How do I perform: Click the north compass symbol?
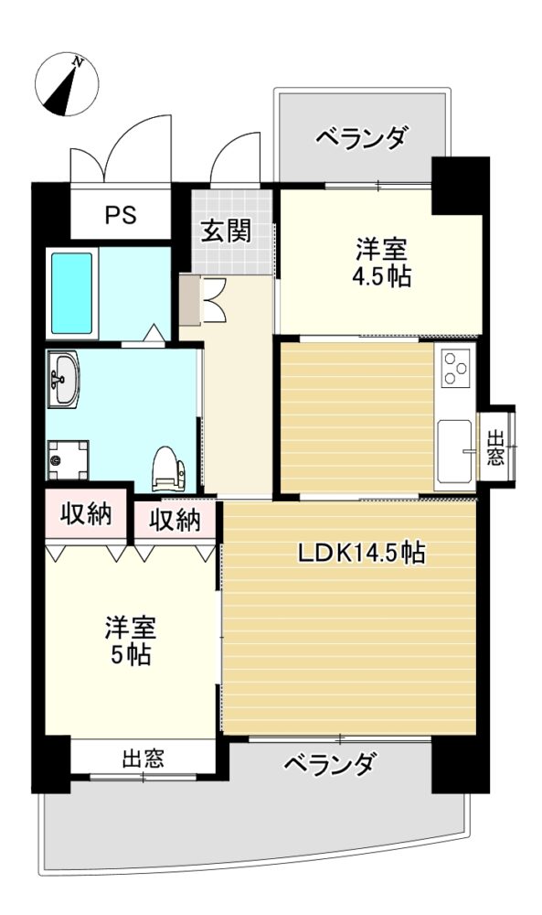[x=67, y=84]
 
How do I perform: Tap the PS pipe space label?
[x=121, y=215]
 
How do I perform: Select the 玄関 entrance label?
[x=226, y=231]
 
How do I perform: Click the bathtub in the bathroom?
[x=71, y=293]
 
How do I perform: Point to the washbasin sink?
[x=63, y=380]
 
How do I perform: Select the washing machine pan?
[x=68, y=460]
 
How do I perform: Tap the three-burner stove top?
[x=455, y=368]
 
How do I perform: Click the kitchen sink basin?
[x=454, y=451]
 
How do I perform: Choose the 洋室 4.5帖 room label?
[x=382, y=263]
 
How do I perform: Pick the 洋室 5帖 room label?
[x=131, y=640]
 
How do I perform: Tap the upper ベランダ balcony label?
[x=361, y=138]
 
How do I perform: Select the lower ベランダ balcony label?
[x=330, y=763]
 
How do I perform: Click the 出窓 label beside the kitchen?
[x=495, y=447]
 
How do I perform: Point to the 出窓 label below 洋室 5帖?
[x=143, y=758]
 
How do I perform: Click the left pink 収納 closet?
[x=86, y=513]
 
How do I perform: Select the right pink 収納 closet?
[x=175, y=520]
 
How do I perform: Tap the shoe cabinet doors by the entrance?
[x=213, y=300]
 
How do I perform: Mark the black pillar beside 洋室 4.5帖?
[x=460, y=186]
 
